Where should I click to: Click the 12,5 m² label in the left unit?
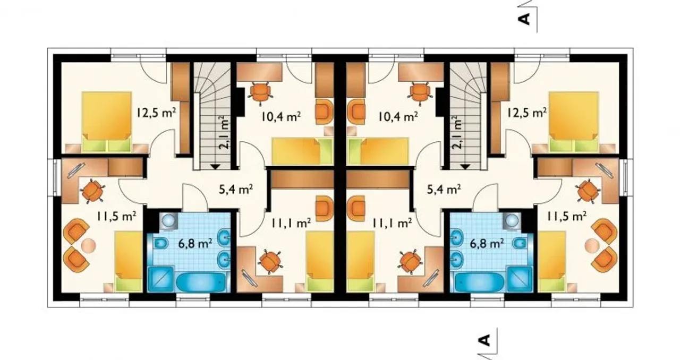tap(156, 113)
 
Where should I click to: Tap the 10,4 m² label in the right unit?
tap(398, 116)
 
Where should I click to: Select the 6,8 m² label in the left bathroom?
tap(195, 243)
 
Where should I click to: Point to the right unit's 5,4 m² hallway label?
tap(444, 190)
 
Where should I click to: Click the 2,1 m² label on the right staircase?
tap(457, 133)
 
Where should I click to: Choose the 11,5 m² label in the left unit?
tap(116, 216)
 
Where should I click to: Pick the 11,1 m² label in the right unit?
tap(392, 223)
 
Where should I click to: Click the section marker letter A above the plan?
tap(524, 19)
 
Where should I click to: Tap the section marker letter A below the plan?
tap(484, 340)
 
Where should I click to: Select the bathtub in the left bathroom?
tap(201, 282)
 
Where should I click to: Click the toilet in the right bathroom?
tap(520, 243)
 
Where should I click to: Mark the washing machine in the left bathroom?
tap(168, 220)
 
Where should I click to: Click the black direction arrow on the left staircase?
tap(216, 166)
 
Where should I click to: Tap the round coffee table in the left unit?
tap(88, 245)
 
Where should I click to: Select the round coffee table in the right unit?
tap(592, 245)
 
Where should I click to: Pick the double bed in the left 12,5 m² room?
tap(107, 122)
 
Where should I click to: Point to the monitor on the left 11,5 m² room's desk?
tap(76, 170)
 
